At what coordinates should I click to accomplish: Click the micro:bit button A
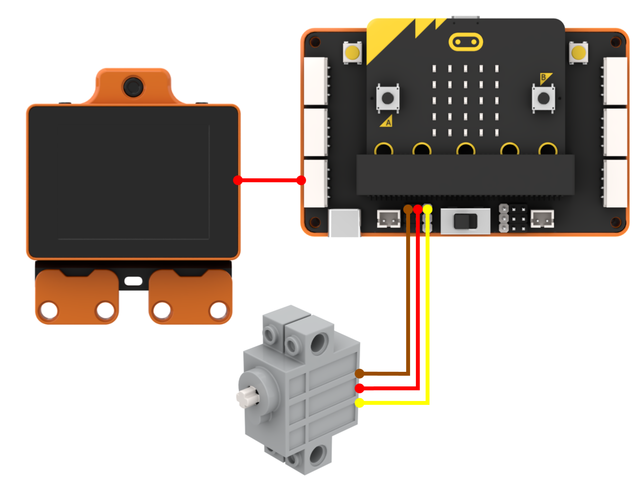coord(388,98)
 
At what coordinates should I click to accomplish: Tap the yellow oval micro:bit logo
coord(465,42)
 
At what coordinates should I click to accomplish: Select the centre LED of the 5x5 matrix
coord(465,101)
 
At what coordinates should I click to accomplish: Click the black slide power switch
coord(465,221)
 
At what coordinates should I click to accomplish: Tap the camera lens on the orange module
coord(133,87)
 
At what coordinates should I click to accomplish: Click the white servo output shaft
coord(247,397)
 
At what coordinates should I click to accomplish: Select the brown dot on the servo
coord(359,373)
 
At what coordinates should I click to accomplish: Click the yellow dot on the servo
coord(359,403)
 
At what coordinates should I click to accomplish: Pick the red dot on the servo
coord(359,388)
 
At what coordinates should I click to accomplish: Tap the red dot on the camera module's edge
coord(238,180)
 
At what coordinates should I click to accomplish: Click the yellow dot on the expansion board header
coord(428,209)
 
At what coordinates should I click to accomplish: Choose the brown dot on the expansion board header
coord(408,209)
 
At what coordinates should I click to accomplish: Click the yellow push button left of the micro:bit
coord(353,52)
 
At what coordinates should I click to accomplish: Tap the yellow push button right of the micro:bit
coord(578,52)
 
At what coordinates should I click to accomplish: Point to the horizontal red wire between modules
coord(269,180)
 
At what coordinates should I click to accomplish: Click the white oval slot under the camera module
coord(133,281)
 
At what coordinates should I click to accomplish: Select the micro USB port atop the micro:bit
coord(465,17)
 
